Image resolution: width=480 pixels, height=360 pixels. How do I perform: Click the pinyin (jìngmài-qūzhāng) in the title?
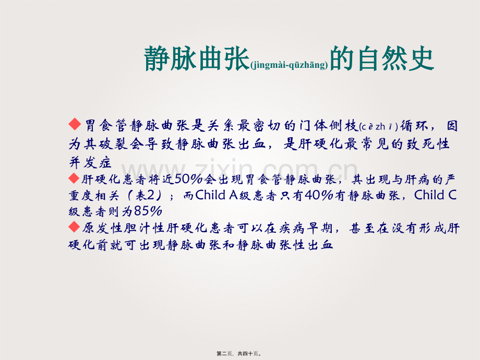coord(290,65)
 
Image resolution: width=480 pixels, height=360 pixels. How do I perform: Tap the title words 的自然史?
coord(382,59)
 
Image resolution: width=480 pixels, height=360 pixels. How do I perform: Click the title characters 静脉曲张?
coord(196,59)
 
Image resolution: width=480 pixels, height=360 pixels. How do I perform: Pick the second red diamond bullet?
coord(75,178)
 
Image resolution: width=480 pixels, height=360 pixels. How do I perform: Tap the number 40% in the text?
coord(327,196)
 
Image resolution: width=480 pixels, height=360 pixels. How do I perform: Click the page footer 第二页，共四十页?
coord(239,353)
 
